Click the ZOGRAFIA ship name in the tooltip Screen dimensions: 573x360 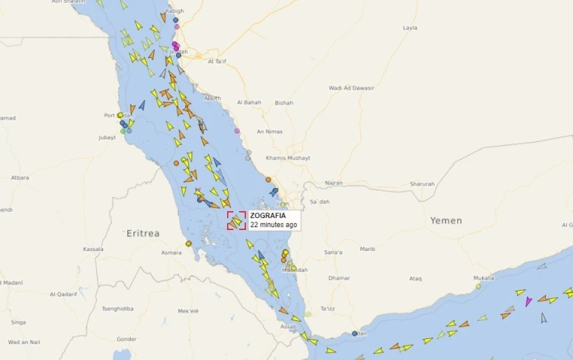tap(268, 216)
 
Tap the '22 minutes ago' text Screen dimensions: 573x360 tap(274, 225)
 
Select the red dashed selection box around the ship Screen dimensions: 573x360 tap(236, 220)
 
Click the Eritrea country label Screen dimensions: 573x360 tap(143, 233)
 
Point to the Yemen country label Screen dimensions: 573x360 tap(446, 220)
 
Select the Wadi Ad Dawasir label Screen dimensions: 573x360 tap(351, 88)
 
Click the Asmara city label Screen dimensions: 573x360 tap(171, 252)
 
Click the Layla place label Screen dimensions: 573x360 tap(410, 28)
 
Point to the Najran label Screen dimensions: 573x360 tap(334, 183)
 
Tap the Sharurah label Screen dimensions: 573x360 tap(422, 184)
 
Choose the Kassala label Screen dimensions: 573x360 tap(93, 249)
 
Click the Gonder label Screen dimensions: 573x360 tap(126, 339)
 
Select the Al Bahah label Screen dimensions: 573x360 tap(249, 102)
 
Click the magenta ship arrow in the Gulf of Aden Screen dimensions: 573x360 tap(528, 301)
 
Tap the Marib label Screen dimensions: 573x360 tap(368, 250)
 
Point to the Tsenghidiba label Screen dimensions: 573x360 tap(118, 308)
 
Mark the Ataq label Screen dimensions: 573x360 tap(415, 278)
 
